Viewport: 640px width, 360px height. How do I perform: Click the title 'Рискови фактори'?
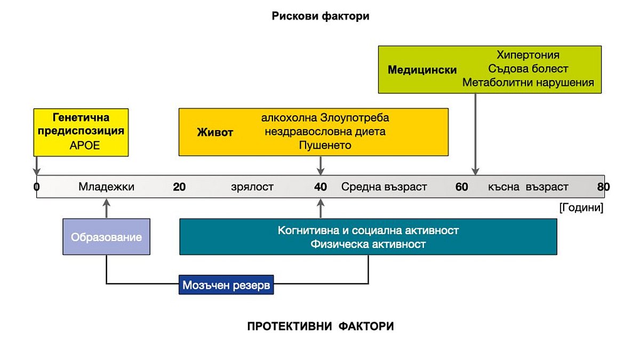pos(321,16)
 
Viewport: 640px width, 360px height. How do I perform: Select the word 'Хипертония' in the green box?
pos(528,54)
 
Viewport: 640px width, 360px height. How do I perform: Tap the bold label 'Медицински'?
pos(422,70)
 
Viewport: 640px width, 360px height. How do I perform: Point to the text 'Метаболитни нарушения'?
pos(528,83)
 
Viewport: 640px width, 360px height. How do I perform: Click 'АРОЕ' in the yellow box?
pos(85,146)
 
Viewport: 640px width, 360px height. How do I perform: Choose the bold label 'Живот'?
pos(215,132)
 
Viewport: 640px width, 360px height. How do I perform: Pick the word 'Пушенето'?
pos(325,146)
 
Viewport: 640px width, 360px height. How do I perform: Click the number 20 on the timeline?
pos(179,187)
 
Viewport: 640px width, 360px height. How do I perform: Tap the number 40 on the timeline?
pos(321,187)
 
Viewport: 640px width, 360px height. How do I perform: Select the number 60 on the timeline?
pos(461,187)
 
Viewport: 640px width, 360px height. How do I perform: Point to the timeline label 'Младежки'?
pos(106,187)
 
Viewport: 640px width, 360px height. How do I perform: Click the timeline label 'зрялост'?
pos(252,187)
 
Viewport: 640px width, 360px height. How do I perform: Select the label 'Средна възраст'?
pos(384,187)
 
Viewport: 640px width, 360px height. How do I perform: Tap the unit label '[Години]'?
pos(581,207)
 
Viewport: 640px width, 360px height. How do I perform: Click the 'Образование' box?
pos(106,237)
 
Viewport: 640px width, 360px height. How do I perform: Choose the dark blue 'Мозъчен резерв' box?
pos(226,285)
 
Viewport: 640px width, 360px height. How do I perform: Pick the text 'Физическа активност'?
pos(368,244)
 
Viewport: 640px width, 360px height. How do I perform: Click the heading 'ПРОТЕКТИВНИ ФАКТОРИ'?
pos(321,326)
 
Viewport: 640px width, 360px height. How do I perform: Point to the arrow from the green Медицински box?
pos(475,134)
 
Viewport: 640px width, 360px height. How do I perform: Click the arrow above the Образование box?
pos(106,209)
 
